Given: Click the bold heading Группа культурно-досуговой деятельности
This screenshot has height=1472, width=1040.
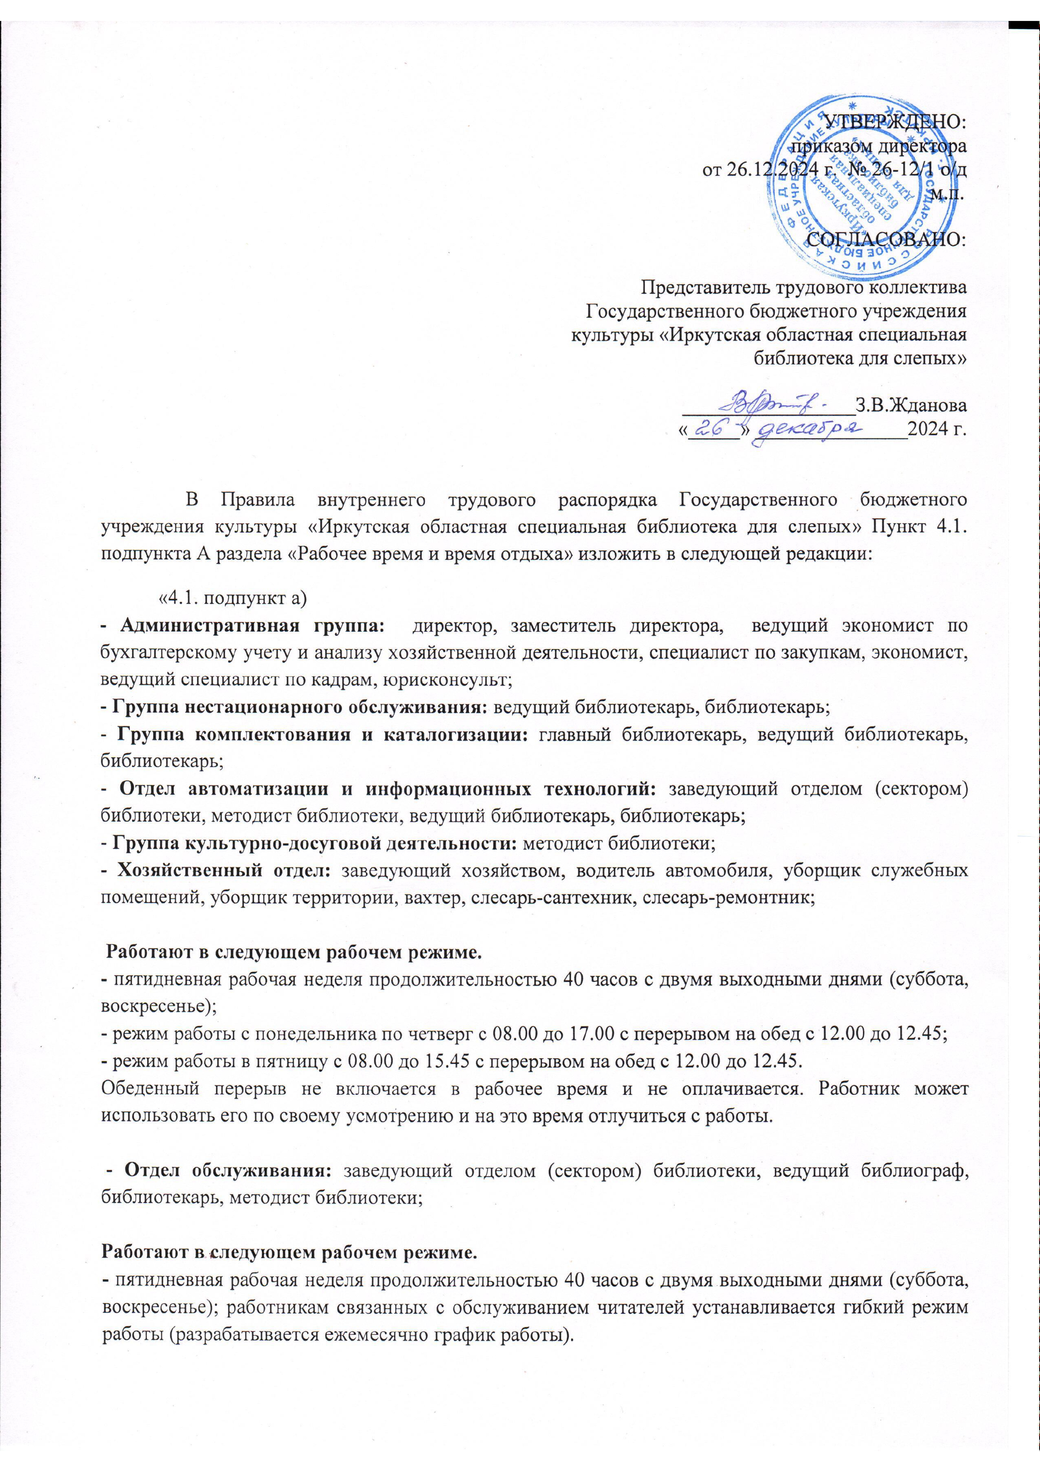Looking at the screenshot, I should [x=315, y=844].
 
